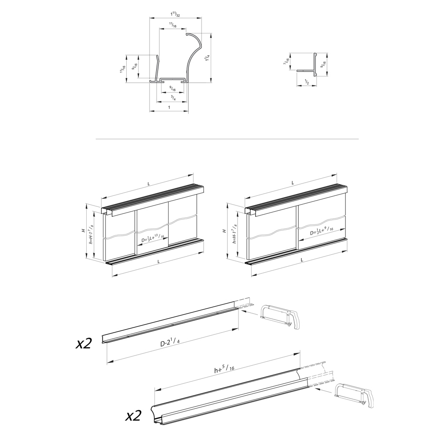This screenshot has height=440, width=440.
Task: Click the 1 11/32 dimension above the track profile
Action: tap(176, 14)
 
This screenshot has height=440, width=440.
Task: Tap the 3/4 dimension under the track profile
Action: tap(174, 98)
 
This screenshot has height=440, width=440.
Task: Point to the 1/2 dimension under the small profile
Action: tap(306, 81)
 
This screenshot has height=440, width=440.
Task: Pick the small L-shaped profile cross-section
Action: tap(310, 64)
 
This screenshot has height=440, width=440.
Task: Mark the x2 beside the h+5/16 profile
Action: tap(133, 416)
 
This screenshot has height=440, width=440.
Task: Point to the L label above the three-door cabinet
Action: tap(149, 183)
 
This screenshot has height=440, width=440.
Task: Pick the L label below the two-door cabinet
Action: tap(302, 260)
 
